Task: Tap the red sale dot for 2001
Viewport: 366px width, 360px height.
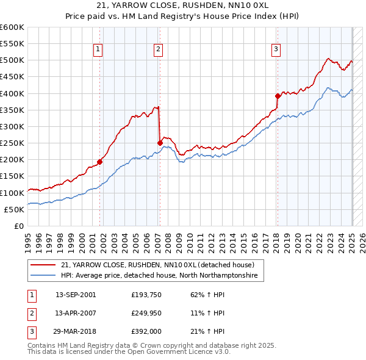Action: click(100, 162)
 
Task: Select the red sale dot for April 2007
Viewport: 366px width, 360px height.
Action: click(160, 143)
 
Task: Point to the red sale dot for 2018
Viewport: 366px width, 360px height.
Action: click(278, 96)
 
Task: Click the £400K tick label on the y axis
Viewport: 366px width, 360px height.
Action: click(12, 93)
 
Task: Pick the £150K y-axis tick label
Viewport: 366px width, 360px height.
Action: click(12, 176)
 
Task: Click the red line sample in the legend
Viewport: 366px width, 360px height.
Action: click(43, 265)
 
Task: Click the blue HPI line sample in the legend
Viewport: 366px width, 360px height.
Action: click(43, 276)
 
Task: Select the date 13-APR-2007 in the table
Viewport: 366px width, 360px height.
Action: click(76, 313)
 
